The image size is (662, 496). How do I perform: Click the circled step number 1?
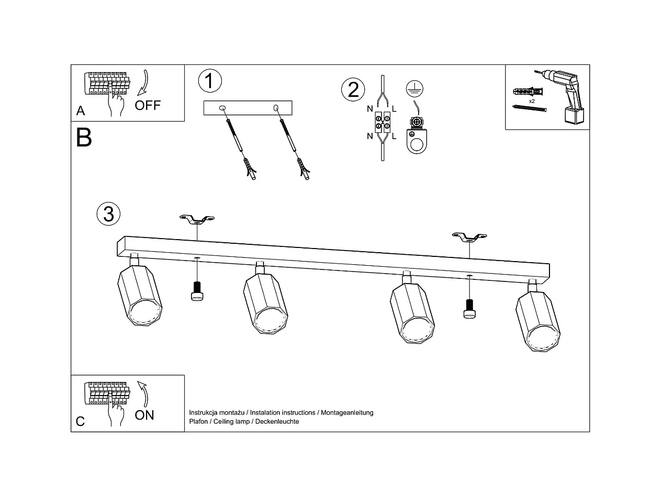click(210, 81)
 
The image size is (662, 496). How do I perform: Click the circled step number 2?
click(353, 89)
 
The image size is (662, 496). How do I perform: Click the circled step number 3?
click(108, 214)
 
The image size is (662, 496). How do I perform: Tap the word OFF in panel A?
click(148, 105)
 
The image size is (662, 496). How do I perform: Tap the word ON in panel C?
click(144, 415)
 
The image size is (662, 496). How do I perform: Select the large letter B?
click(84, 138)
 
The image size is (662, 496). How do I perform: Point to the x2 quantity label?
click(532, 100)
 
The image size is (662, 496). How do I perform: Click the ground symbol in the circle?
click(414, 89)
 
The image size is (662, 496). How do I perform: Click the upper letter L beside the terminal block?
click(394, 109)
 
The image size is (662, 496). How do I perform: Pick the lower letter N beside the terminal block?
click(370, 136)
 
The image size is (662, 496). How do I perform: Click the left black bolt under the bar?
click(197, 291)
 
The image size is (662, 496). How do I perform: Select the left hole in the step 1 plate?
click(222, 108)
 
